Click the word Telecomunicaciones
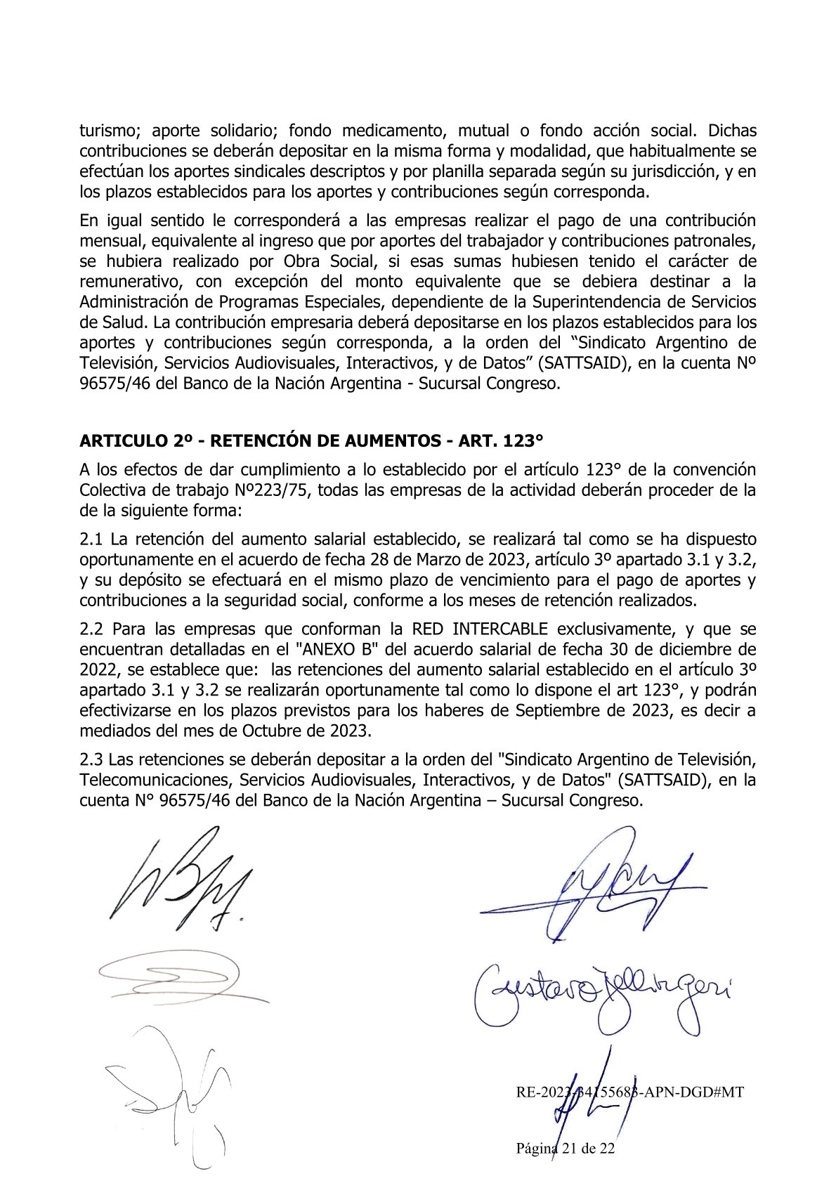pyautogui.click(x=156, y=780)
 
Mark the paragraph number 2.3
pyautogui.click(x=91, y=759)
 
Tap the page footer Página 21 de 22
pyautogui.click(x=566, y=1149)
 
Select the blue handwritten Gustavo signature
pyautogui.click(x=601, y=993)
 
